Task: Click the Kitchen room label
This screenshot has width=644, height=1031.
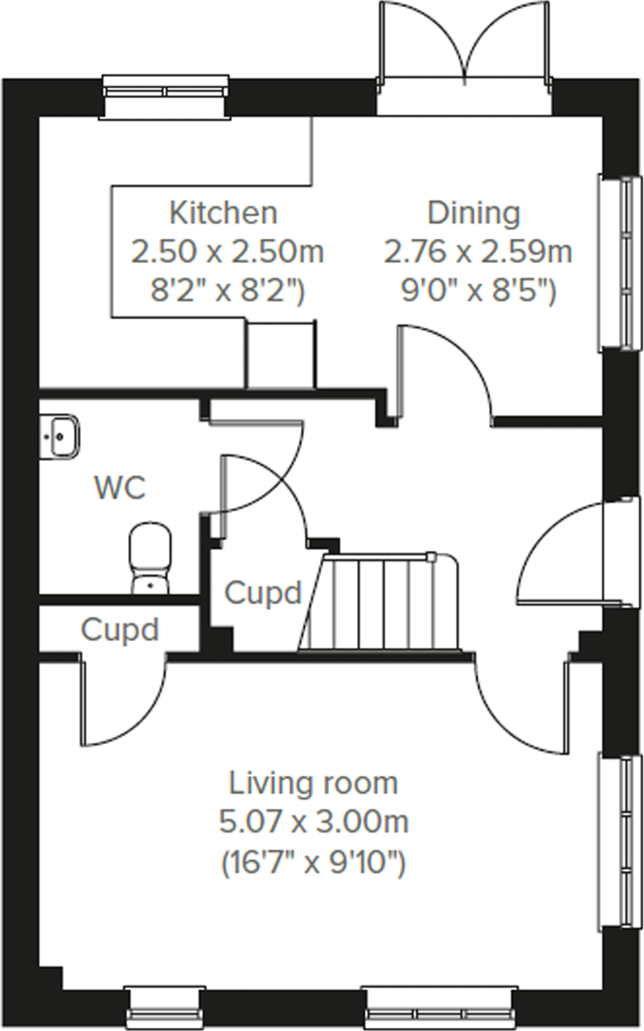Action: [223, 213]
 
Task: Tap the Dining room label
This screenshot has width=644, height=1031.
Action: [474, 213]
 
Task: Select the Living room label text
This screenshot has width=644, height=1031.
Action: [313, 783]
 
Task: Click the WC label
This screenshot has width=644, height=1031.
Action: [121, 488]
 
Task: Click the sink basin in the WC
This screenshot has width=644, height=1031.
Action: [60, 436]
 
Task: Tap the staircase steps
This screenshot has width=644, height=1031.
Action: [381, 602]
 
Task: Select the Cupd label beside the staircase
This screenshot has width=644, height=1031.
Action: [263, 593]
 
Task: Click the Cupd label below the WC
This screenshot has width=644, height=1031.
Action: [119, 630]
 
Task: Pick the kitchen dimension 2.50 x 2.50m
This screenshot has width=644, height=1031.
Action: [227, 251]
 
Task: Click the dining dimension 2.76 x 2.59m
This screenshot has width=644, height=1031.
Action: [478, 251]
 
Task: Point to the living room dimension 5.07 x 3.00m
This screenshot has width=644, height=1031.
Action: [313, 821]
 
